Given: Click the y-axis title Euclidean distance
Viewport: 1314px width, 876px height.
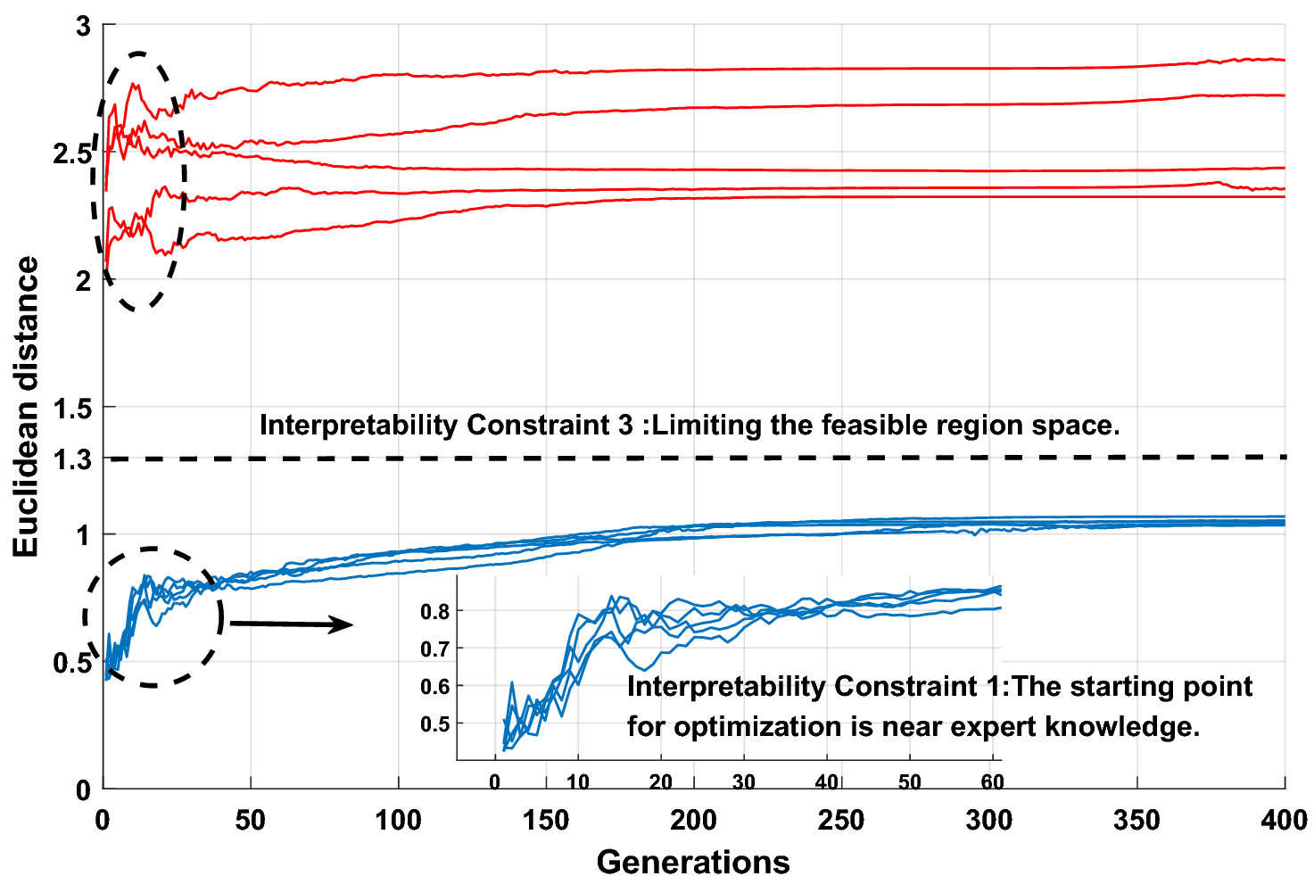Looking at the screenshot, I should pyautogui.click(x=27, y=407).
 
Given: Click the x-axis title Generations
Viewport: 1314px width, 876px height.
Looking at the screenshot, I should pyautogui.click(x=693, y=862).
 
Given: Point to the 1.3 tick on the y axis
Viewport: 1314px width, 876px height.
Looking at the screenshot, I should pyautogui.click(x=76, y=459).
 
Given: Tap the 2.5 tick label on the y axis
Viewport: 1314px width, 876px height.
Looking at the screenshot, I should pyautogui.click(x=72, y=153).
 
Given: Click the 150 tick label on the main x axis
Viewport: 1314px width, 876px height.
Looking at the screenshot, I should pyautogui.click(x=546, y=819).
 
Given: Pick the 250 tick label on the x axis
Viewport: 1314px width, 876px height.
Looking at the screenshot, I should pyautogui.click(x=841, y=819).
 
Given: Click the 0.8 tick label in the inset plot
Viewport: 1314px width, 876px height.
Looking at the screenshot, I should pyautogui.click(x=434, y=611).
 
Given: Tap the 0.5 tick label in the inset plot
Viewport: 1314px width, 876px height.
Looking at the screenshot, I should pyautogui.click(x=434, y=723).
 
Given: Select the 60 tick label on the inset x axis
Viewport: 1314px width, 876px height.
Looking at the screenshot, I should pyautogui.click(x=992, y=782).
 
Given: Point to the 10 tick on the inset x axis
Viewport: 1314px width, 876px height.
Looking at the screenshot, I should pyautogui.click(x=577, y=782).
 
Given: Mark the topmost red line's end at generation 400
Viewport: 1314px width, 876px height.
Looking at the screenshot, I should pyautogui.click(x=1284, y=60).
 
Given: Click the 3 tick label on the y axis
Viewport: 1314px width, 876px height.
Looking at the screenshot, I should pyautogui.click(x=84, y=26).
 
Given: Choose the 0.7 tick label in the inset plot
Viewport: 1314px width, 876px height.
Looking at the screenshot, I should pyautogui.click(x=434, y=649).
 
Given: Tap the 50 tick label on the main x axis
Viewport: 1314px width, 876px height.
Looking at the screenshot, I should pyautogui.click(x=251, y=819).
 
